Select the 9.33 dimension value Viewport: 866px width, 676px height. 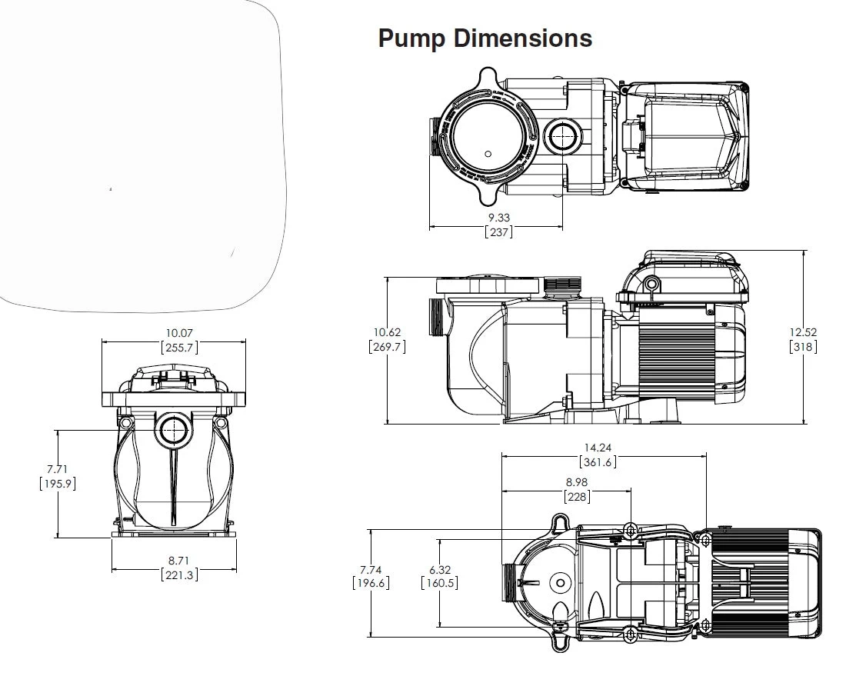[x=498, y=218]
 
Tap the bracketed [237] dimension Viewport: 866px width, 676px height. [x=498, y=231]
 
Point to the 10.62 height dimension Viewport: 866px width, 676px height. [x=387, y=332]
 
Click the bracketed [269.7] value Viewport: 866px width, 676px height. [x=387, y=346]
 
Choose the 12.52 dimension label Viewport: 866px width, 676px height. [x=803, y=332]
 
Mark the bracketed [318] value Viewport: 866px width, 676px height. [x=803, y=346]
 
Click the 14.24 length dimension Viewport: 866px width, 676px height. [x=597, y=448]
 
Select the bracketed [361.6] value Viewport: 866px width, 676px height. [x=597, y=461]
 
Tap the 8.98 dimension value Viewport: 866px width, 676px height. [x=577, y=483]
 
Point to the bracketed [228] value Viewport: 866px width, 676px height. [x=577, y=497]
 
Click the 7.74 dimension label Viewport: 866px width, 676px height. [x=370, y=570]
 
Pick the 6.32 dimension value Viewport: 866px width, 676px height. [x=439, y=570]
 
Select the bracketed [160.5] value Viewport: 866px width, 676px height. [x=439, y=583]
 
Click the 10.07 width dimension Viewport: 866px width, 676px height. [x=179, y=333]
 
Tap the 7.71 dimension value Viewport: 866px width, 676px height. [x=57, y=469]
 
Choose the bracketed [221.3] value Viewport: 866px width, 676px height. [x=178, y=574]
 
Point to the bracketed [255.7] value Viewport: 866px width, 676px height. [x=179, y=347]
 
